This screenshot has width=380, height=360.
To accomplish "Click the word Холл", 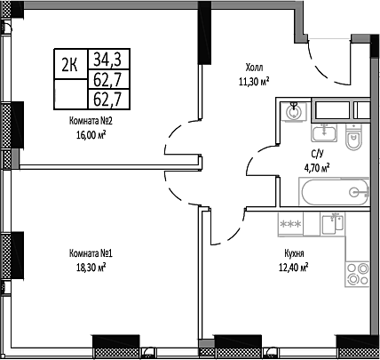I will (x=255, y=67).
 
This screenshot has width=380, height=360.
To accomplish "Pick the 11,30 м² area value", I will (x=255, y=79).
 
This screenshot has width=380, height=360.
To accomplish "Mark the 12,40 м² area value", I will (x=292, y=265).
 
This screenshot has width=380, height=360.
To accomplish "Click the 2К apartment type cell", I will (x=69, y=63).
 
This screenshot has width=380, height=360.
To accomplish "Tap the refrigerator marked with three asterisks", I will (x=291, y=224).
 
